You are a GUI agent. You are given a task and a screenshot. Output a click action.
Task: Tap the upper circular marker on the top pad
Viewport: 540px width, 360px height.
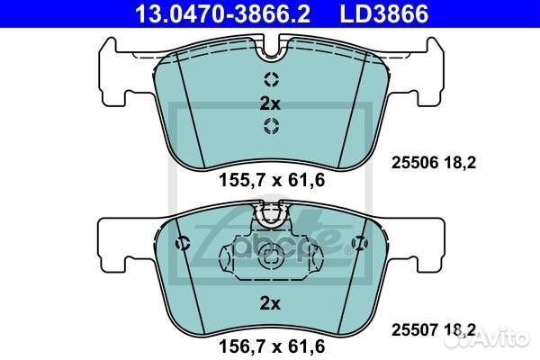(270, 78)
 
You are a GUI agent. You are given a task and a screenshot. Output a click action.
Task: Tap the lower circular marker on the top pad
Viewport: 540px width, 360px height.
(270, 127)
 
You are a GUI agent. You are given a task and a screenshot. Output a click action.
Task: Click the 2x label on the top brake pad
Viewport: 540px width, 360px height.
(270, 103)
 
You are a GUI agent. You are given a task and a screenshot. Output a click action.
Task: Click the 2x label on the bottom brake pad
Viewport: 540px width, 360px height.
(270, 304)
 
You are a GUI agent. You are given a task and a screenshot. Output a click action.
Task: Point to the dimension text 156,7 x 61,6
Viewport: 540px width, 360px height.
(271, 345)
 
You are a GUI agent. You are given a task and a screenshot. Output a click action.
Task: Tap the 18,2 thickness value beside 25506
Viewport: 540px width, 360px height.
(460, 164)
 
